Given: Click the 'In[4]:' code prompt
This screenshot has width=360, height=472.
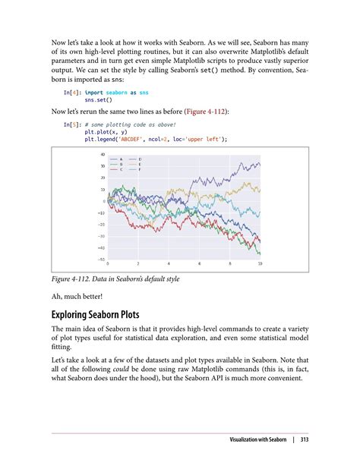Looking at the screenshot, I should (x=73, y=92).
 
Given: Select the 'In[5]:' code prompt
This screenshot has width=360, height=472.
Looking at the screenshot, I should (x=73, y=124).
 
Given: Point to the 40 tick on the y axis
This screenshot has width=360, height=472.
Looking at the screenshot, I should (x=102, y=154).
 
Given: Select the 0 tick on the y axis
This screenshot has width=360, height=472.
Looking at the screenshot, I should (x=103, y=201).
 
